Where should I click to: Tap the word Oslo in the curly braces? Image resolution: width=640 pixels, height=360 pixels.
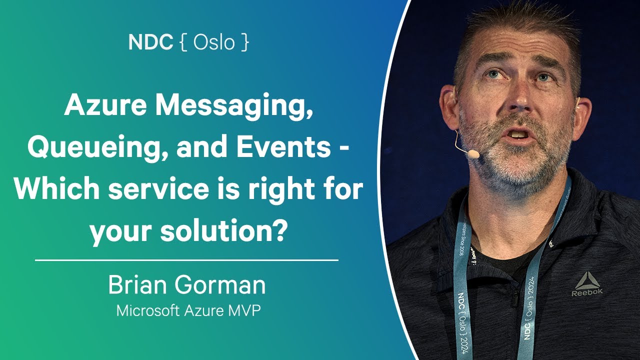pos(214,42)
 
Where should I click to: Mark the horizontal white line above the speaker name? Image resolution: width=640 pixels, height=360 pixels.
pos(187,260)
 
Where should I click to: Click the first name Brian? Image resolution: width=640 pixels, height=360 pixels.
pos(137,285)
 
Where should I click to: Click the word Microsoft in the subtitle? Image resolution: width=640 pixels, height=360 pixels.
pos(147,310)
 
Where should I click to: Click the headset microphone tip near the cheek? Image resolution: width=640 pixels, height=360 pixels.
pos(472,154)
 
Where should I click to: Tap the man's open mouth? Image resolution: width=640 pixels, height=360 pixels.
pos(519,134)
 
